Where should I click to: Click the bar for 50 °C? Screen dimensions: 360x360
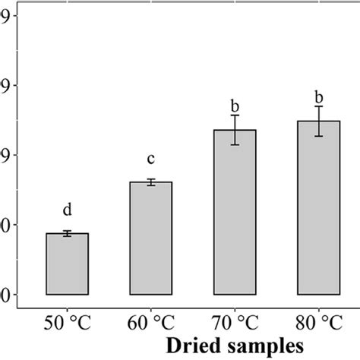point(68,264)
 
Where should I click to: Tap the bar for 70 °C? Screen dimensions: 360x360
point(235,212)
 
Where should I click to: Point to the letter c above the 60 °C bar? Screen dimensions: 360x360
point(151,159)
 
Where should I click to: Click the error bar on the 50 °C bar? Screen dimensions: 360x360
point(68,233)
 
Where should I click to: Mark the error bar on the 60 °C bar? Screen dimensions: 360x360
point(151,182)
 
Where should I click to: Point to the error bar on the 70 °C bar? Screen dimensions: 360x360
point(235,130)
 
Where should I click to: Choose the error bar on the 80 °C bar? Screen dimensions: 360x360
point(318,121)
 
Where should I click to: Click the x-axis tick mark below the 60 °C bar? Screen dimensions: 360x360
point(151,311)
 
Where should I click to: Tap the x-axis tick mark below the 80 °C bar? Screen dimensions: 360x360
point(318,311)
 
